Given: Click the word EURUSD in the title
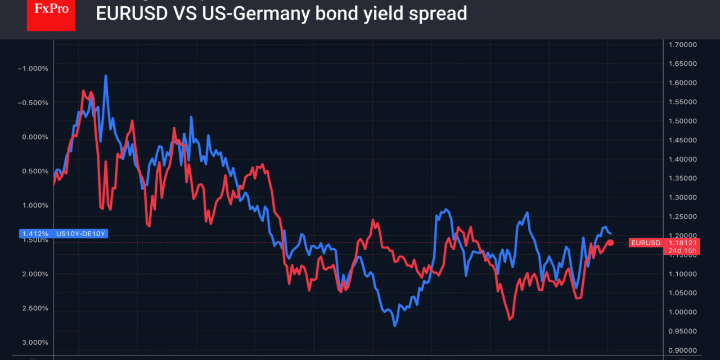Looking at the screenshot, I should coord(132,13).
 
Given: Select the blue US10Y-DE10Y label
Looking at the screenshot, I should coord(81,233).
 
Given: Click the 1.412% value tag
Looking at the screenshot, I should coord(35,233).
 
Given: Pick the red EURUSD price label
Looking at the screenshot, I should coord(646,243).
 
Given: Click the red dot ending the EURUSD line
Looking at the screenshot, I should coord(611,242).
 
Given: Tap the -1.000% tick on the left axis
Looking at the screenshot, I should coord(33,69).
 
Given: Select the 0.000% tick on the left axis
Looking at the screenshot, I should coord(34,137).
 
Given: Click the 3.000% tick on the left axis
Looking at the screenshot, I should coord(34,343).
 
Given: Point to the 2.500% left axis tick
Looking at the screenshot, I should coord(34,308).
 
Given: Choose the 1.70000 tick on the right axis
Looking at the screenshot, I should coord(682,44).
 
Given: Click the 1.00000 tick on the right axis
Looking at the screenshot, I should coord(682,312).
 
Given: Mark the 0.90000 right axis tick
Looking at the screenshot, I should coord(682,350).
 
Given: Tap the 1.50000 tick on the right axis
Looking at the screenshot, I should coord(682,121).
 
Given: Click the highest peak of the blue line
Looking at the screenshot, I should coord(106,75).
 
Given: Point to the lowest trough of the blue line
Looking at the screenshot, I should coord(395,325).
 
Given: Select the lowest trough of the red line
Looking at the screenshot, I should coord(510,319).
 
